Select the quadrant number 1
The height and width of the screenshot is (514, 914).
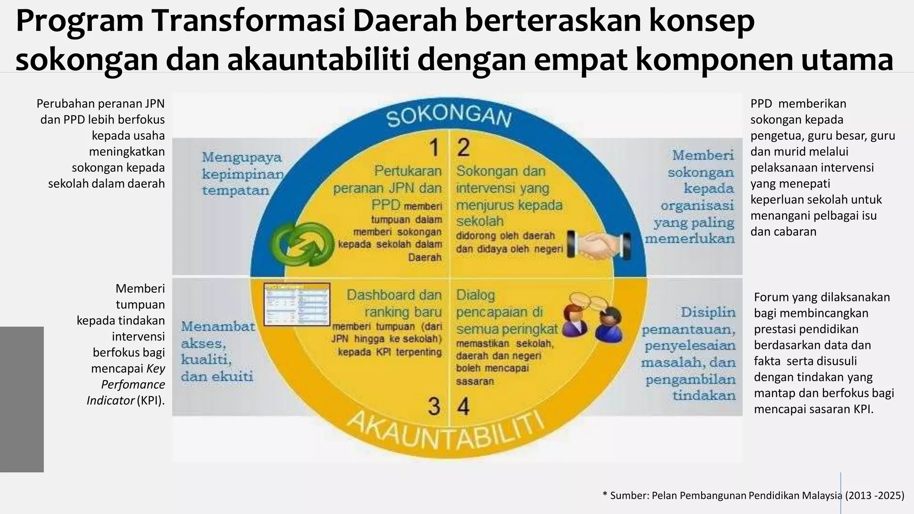click(434, 148)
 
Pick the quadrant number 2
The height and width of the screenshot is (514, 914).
click(464, 148)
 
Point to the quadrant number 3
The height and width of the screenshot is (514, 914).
click(434, 406)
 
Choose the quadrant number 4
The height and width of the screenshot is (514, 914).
click(464, 406)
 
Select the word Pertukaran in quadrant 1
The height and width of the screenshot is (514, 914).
click(407, 171)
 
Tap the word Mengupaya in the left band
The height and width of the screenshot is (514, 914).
click(242, 158)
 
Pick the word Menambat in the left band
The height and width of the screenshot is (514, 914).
click(218, 327)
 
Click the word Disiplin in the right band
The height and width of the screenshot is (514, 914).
click(708, 312)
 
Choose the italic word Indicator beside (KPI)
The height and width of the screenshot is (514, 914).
click(110, 401)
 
